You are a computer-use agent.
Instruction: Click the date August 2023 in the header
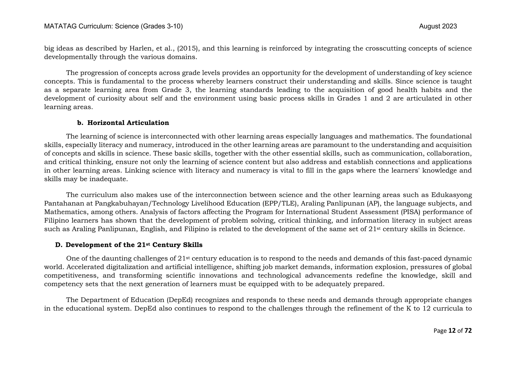pyautogui.click(x=438, y=26)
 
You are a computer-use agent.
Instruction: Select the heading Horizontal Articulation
pyautogui.click(x=128, y=123)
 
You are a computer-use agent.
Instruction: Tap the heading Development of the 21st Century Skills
pyautogui.click(x=134, y=245)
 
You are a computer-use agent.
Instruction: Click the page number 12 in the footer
pyautogui.click(x=452, y=331)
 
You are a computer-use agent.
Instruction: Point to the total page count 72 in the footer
pyautogui.click(x=468, y=331)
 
